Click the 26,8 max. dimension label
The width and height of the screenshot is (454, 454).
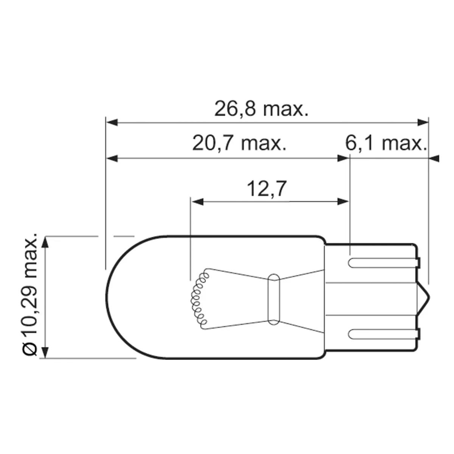(x=261, y=109)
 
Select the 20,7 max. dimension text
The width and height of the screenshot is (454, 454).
(x=239, y=144)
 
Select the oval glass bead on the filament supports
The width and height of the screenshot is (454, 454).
(x=273, y=299)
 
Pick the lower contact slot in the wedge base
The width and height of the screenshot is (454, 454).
(x=382, y=334)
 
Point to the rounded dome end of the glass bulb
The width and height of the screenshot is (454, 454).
(x=113, y=297)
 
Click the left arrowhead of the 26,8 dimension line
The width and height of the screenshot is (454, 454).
(x=112, y=123)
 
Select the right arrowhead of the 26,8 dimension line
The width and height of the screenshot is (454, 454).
(x=423, y=123)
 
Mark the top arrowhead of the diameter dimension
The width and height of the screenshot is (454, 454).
(x=45, y=243)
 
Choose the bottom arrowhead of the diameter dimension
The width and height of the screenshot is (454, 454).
(x=45, y=352)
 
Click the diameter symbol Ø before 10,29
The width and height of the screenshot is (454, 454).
(x=30, y=350)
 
